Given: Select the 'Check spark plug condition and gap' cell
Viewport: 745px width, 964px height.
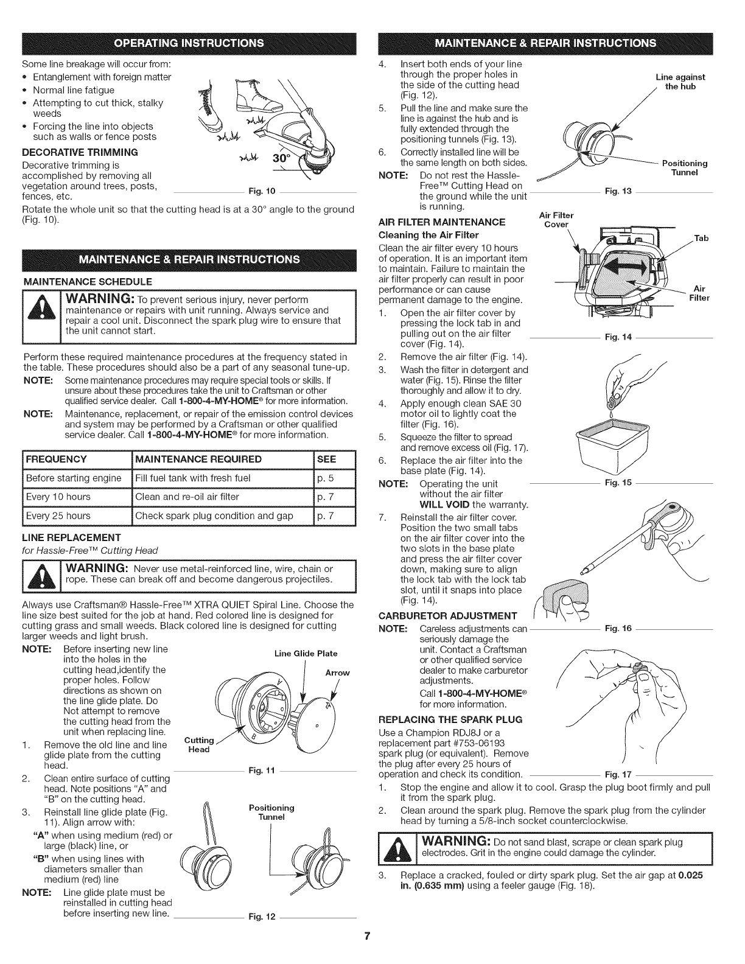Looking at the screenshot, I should [214, 515].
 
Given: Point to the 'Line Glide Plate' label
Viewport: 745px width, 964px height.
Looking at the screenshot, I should [306, 654].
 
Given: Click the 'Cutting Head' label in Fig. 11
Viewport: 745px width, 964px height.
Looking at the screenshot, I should [198, 744].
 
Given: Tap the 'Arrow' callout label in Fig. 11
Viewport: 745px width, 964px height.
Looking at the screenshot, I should [337, 672].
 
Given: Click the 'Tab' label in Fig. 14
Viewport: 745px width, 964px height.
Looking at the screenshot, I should [701, 238].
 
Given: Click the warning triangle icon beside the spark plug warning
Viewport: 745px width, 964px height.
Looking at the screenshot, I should [393, 848].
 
